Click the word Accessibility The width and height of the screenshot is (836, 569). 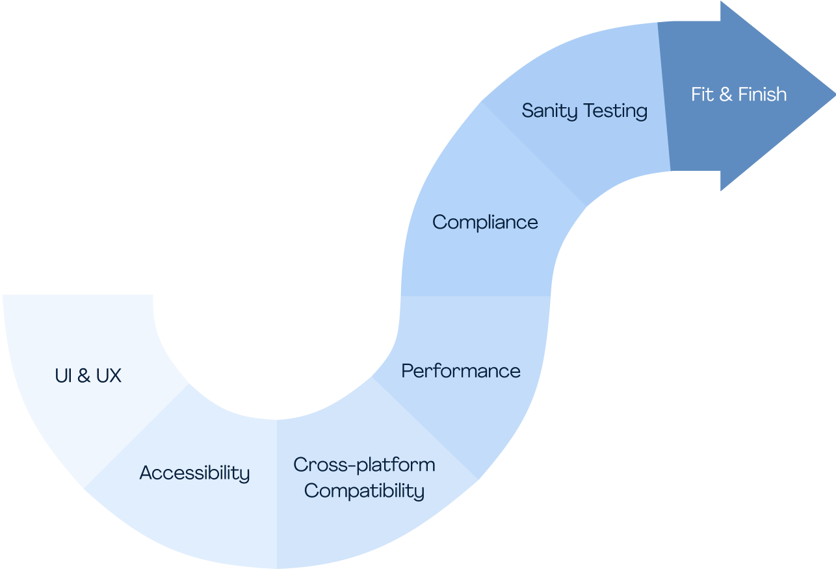[x=194, y=473]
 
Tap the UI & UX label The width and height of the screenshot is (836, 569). [x=88, y=375]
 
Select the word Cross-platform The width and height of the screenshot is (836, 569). [x=364, y=465]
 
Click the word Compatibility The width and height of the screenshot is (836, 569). [x=364, y=490]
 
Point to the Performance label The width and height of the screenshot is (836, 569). [x=461, y=371]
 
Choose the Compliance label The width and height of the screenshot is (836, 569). [x=485, y=223]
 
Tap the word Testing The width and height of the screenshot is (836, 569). [x=616, y=111]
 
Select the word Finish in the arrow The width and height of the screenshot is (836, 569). [x=762, y=94]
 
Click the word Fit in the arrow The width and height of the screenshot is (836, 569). [x=702, y=94]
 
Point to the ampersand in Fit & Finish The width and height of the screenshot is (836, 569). [x=726, y=94]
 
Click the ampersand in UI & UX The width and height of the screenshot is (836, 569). [x=84, y=375]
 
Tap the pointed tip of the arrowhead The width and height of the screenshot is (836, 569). [x=835, y=96]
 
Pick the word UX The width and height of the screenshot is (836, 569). [x=109, y=375]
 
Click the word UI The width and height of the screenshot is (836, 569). [x=64, y=375]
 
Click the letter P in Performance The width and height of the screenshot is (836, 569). [x=408, y=371]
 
